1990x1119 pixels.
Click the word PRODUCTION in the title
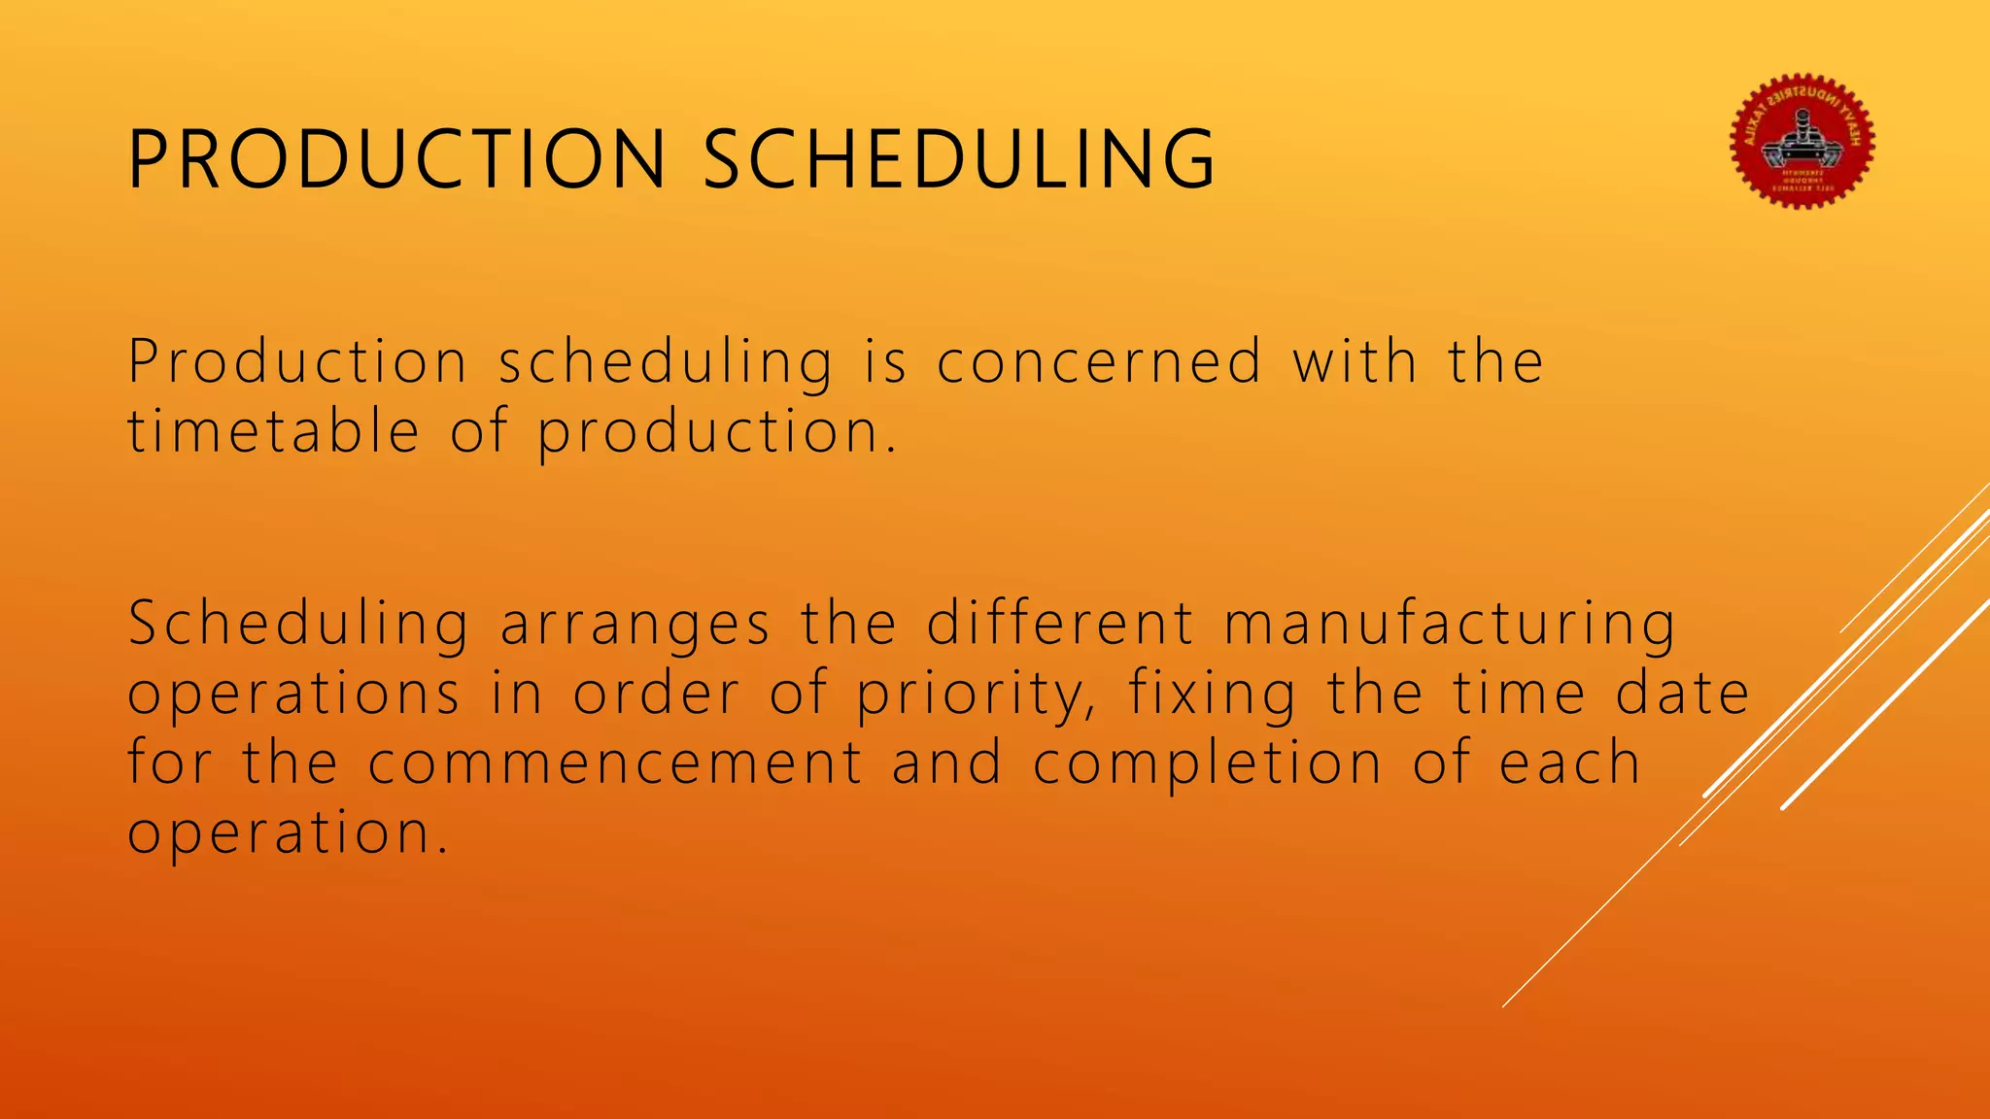point(396,159)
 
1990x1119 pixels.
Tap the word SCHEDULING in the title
point(958,159)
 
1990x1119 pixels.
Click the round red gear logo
point(1802,141)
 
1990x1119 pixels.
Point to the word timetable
point(274,432)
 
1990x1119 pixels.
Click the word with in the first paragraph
point(1355,362)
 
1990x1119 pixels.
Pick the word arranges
point(635,625)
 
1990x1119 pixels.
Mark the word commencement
point(615,763)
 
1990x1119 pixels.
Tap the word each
point(1569,763)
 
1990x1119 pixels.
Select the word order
point(656,695)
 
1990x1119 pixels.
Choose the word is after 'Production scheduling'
point(884,362)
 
